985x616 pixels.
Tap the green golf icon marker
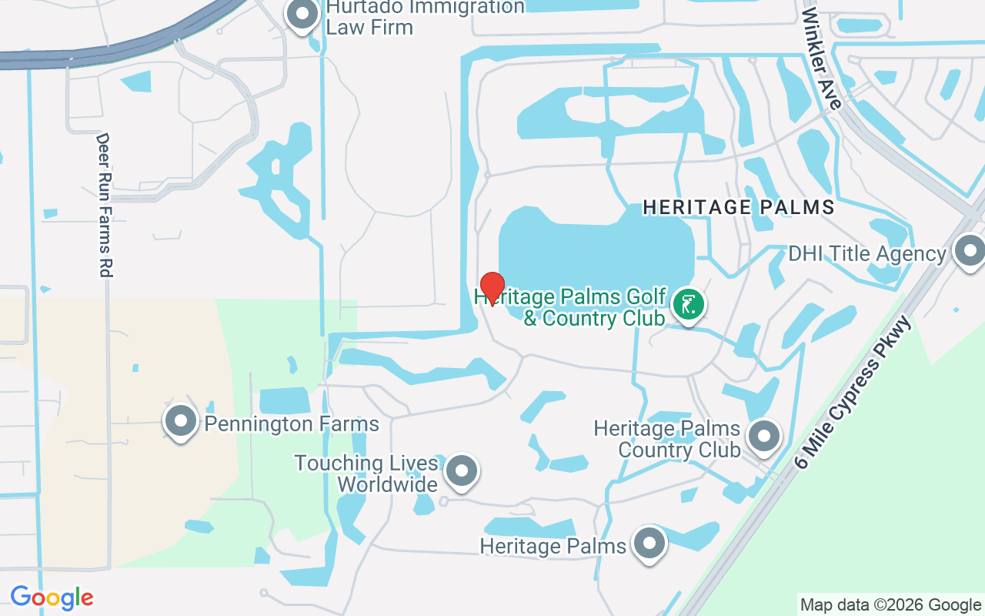click(x=689, y=304)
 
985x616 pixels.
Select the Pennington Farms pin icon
click(x=181, y=421)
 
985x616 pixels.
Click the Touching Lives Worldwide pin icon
click(x=462, y=469)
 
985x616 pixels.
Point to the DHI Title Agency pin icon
click(x=969, y=251)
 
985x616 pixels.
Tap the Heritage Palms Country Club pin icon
click(x=764, y=436)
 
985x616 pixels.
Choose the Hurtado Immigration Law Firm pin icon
click(x=302, y=14)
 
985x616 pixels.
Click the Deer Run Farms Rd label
click(x=104, y=205)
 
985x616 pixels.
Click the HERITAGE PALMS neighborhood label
click(x=739, y=207)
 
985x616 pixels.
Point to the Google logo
click(x=52, y=598)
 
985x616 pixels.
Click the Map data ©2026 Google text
click(x=890, y=605)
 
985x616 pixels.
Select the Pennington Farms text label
click(x=292, y=423)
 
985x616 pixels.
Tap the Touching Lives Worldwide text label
click(x=366, y=474)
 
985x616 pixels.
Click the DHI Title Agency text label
click(x=866, y=254)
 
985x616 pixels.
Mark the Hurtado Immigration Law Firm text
click(x=425, y=17)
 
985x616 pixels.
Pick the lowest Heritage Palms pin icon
click(x=649, y=544)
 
